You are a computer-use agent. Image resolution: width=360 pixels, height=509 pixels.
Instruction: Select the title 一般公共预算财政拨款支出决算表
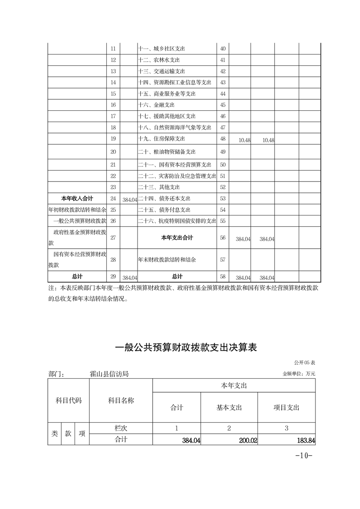[x=186, y=348]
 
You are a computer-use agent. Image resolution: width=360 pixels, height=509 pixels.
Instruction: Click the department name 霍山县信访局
[x=109, y=374]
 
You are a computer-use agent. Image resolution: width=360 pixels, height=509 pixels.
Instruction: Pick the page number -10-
[x=304, y=455]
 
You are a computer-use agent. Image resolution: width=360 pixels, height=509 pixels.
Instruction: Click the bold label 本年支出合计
[x=177, y=238]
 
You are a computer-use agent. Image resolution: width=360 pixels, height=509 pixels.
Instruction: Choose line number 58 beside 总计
[x=222, y=276]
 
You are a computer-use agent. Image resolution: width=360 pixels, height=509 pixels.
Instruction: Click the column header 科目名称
[x=121, y=401]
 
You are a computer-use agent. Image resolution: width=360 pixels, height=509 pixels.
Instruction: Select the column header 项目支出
[x=286, y=407]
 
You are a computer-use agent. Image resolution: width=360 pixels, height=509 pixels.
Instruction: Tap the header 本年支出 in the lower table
[x=234, y=386]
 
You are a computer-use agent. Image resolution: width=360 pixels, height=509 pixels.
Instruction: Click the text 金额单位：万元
[x=299, y=374]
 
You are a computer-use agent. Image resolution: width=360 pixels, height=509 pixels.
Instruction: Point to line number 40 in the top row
[x=222, y=49]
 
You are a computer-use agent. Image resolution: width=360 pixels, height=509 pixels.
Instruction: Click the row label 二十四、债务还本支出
[x=164, y=199]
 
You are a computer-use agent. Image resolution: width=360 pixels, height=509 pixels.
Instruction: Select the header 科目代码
[x=69, y=401]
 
